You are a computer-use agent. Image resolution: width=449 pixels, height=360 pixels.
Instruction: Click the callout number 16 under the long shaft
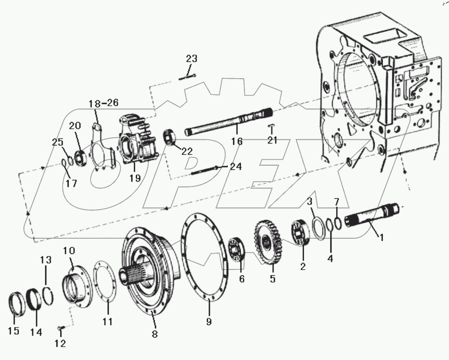(237, 141)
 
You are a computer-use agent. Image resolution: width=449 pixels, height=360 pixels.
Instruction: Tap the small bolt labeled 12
(60, 329)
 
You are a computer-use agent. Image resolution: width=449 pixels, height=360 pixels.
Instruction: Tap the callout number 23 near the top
(191, 59)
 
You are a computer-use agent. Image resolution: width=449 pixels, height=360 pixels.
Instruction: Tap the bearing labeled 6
(237, 254)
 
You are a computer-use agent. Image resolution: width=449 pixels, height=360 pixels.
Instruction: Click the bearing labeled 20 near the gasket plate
(80, 157)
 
